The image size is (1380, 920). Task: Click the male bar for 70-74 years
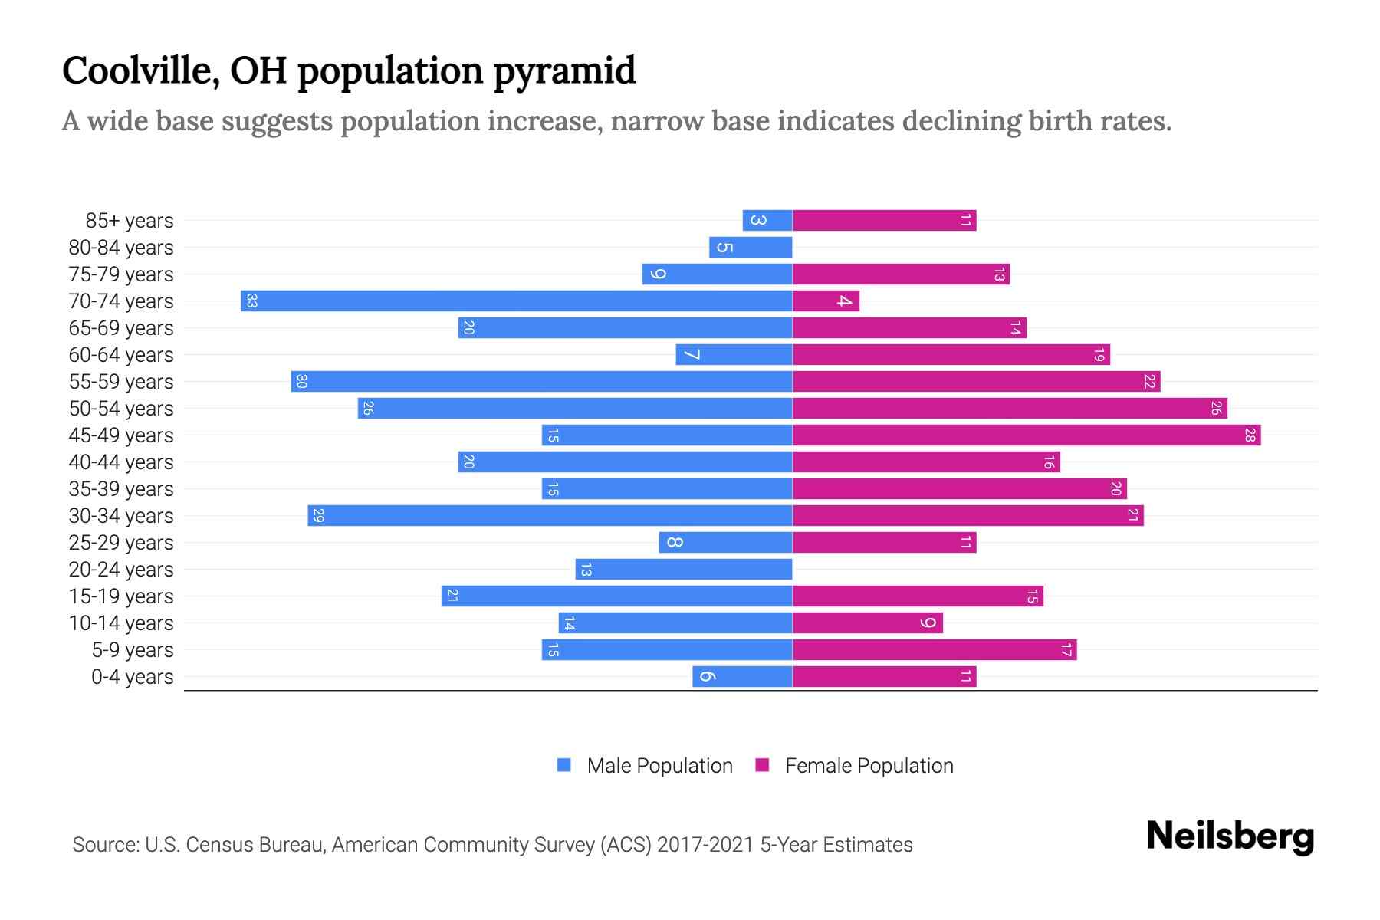516,301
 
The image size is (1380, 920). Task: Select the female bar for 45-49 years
1026,435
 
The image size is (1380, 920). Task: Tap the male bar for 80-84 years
751,248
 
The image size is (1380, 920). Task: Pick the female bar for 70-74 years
826,301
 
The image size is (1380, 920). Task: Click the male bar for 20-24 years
684,570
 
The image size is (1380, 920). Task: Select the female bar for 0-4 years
884,677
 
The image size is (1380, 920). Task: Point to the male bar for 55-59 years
541,382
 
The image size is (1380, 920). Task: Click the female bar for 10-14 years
867,623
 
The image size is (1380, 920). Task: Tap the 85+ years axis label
130,221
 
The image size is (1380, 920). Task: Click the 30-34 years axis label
121,516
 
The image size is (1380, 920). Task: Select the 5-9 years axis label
133,650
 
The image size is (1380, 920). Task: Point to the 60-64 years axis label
121,355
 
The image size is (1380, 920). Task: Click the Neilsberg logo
1230,836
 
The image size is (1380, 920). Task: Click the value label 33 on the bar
251,301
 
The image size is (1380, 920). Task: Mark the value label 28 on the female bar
1250,435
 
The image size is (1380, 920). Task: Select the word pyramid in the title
564,72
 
